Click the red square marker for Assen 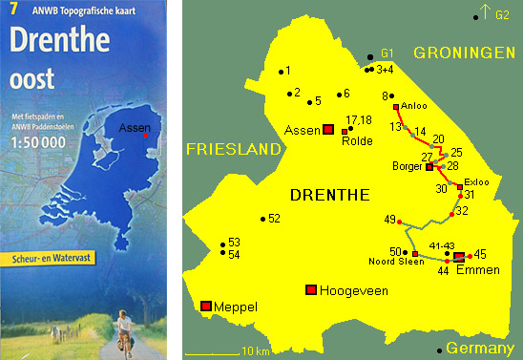coord(328,129)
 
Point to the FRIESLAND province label coord(234,149)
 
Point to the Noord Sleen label coord(389,265)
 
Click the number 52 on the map coord(274,219)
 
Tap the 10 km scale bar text coord(257,351)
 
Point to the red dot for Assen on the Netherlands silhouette coord(144,137)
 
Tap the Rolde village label coord(356,140)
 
